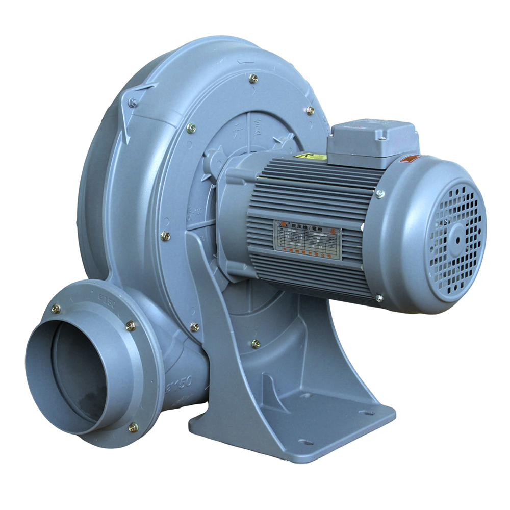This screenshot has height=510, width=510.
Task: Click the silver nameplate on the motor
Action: coord(308,240)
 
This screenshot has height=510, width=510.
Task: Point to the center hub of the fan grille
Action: coord(457,238)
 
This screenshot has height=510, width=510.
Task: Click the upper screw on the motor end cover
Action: coord(379,193)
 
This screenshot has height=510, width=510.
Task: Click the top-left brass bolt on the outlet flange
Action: coord(56,309)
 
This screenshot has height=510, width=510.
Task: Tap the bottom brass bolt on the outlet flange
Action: coord(133,427)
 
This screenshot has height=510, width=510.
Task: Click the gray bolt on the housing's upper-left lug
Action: coord(134,103)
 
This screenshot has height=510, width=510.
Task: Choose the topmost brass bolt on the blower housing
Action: coord(253,78)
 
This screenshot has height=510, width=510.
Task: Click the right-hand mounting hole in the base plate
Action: coord(366,413)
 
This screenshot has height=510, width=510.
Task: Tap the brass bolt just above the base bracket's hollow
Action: coord(256,344)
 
